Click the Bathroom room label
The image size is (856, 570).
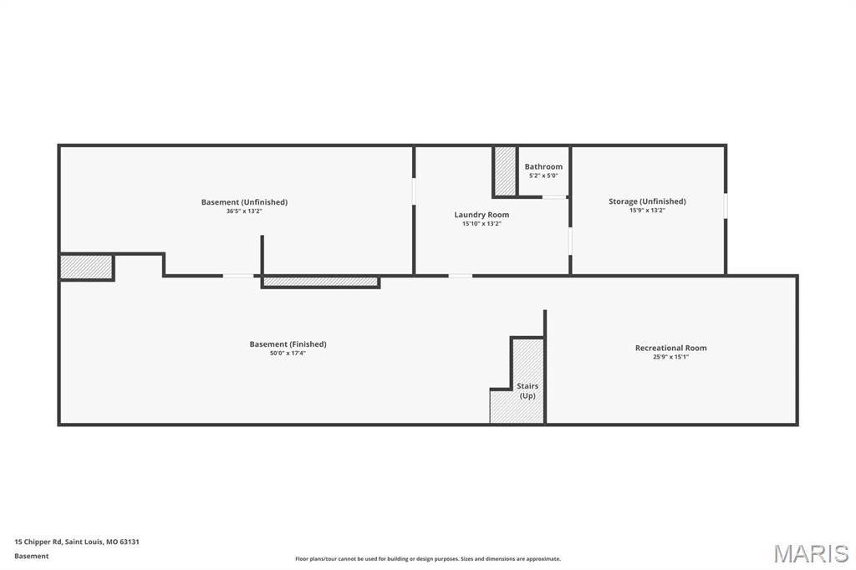[543, 166]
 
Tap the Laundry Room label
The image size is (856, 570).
[481, 215]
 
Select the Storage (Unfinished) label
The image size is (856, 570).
[647, 201]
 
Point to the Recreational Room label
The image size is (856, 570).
[670, 348]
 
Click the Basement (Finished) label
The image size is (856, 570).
[288, 344]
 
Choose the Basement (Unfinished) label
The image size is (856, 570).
[244, 202]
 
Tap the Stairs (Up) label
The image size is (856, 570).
[527, 390]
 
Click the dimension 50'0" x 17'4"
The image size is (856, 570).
[288, 354]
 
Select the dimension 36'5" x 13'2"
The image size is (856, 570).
[244, 211]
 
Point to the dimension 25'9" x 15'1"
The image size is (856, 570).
[670, 357]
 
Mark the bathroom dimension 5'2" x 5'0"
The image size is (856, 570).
[543, 176]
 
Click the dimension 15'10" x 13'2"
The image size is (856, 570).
[481, 224]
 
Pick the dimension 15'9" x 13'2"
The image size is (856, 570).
[647, 211]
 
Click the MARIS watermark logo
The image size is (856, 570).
[811, 553]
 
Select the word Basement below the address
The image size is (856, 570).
[32, 556]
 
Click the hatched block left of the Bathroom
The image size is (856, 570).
[505, 171]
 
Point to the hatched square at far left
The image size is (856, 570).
[86, 267]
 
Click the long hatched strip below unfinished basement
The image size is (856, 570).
[321, 282]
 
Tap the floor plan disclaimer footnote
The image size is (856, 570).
[428, 558]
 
